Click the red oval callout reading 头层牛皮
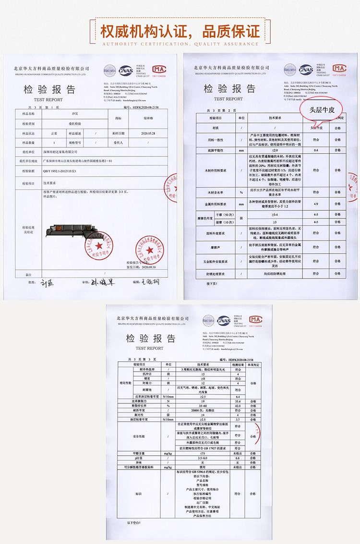[321, 109]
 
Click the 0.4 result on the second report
[315, 151]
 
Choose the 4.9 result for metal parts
[315, 204]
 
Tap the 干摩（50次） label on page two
[225, 215]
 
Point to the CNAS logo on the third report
[223, 320]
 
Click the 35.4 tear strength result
[238, 401]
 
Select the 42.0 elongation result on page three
[238, 406]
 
